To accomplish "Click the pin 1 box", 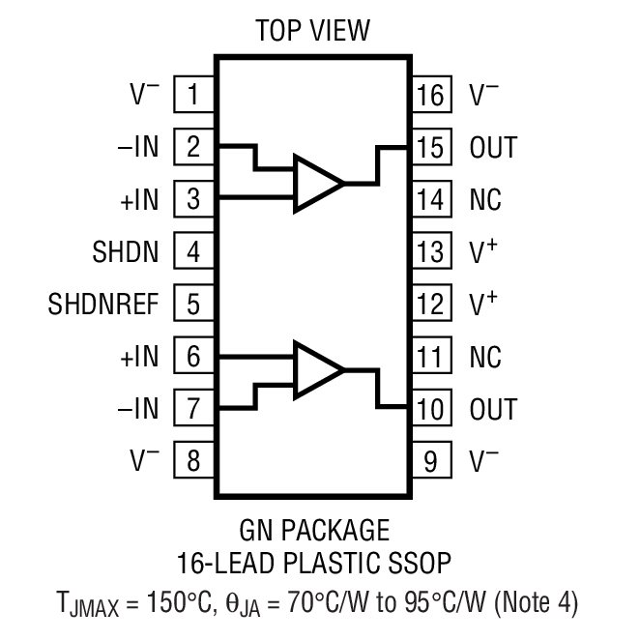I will (x=194, y=95).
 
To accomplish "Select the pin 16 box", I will (x=431, y=95).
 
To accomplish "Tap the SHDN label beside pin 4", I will (x=126, y=251).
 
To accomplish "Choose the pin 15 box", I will (x=431, y=147).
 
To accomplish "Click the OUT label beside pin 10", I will (x=493, y=408).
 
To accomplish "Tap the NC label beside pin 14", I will (x=486, y=199).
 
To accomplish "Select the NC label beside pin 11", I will (x=486, y=356).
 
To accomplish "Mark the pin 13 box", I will (x=431, y=251).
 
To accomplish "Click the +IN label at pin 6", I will (x=138, y=356).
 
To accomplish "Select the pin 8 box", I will (x=194, y=460).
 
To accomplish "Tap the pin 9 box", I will (x=431, y=460).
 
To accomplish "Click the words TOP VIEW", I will (x=312, y=30).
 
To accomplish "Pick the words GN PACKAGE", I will (x=313, y=531).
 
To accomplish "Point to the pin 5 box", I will (x=194, y=304).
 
